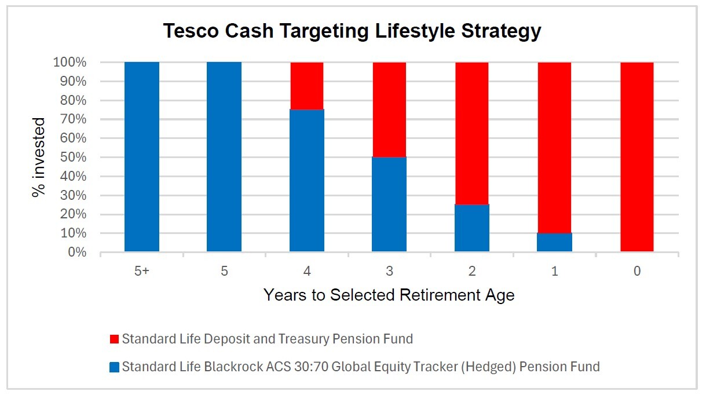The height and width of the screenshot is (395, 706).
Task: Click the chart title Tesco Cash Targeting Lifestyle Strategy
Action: point(352,31)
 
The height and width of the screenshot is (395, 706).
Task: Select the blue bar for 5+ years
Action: point(142,156)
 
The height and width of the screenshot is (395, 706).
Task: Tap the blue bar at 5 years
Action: point(224,156)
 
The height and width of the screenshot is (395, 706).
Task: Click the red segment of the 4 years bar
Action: point(306,86)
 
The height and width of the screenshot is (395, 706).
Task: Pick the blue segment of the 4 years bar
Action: point(306,180)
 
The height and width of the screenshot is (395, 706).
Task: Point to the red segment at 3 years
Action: point(389,109)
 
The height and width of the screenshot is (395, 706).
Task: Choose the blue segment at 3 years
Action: point(389,204)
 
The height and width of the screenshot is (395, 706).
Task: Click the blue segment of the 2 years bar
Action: point(471,228)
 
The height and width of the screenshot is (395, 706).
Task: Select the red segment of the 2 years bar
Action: point(471,133)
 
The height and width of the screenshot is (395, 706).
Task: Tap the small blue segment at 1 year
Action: point(554,242)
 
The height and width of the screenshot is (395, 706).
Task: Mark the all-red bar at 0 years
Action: point(637,156)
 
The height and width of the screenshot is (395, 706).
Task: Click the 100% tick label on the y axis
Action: point(69,63)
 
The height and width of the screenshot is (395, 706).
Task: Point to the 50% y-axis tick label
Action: point(72,158)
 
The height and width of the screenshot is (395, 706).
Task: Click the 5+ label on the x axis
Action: point(142,270)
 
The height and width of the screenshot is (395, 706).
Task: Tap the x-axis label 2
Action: point(471,270)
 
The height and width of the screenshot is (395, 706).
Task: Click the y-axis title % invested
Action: point(39,158)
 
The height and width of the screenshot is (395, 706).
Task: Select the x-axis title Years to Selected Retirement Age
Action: point(389,295)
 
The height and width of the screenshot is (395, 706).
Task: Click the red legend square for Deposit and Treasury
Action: point(114,339)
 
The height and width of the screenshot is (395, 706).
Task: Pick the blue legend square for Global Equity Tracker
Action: point(114,367)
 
